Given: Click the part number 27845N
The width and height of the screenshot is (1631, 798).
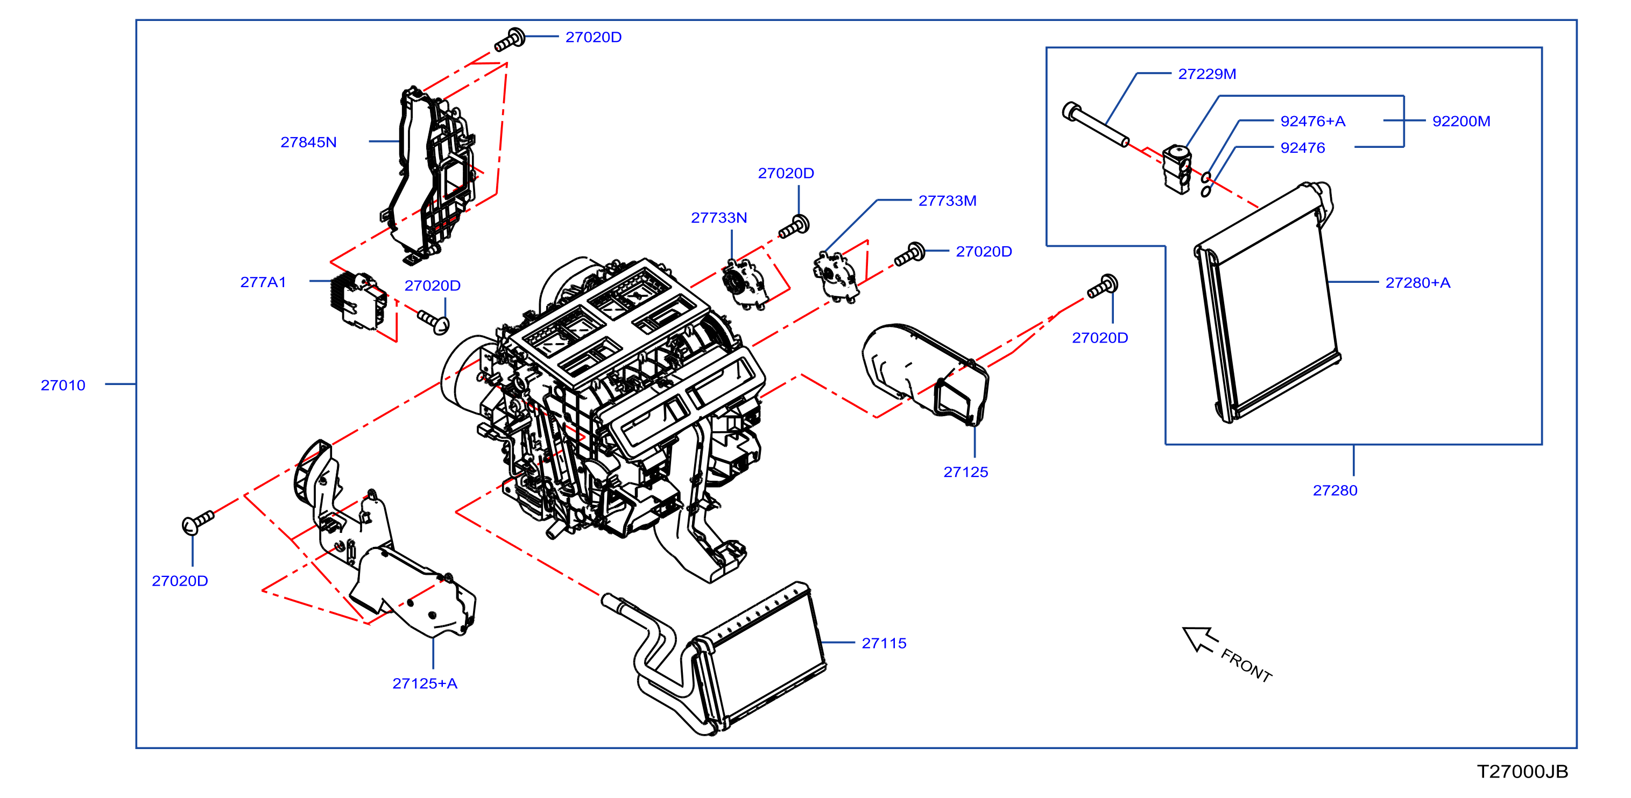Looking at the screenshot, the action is (x=308, y=142).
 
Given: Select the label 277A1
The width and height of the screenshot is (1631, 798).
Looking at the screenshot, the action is (x=263, y=282).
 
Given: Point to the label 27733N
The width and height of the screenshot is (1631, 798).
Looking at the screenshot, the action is (x=718, y=218).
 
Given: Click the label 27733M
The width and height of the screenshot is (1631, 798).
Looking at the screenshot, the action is (x=947, y=201).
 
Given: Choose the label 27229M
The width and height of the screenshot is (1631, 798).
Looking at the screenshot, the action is (x=1207, y=74).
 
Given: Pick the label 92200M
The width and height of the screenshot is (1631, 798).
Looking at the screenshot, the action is (x=1461, y=121).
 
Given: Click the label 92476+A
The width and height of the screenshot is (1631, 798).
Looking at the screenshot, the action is (x=1312, y=121).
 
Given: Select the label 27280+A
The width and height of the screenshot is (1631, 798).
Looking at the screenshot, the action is (x=1417, y=283).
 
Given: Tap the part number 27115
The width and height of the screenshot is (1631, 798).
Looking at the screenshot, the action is (x=884, y=644).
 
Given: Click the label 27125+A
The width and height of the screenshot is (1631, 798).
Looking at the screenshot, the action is (x=425, y=683).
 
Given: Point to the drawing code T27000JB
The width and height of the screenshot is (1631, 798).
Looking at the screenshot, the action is (x=1523, y=772).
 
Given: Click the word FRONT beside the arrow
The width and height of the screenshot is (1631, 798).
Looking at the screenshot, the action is (x=1246, y=666).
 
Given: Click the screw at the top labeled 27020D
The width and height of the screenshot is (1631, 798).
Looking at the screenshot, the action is (x=510, y=40).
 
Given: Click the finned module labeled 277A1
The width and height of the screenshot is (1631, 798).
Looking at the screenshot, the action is (x=358, y=301).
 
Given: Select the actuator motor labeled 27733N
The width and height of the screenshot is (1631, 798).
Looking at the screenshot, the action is (x=744, y=285).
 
